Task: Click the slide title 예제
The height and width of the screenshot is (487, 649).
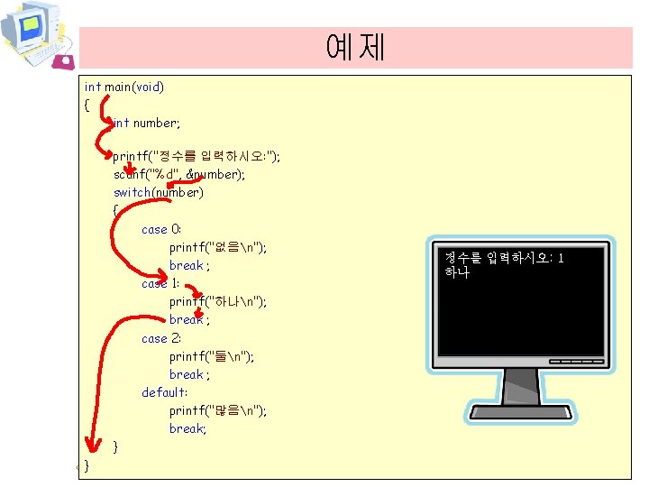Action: tap(356, 47)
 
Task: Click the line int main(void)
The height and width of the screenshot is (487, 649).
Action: tap(123, 87)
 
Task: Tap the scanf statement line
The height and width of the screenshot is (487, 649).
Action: tap(178, 174)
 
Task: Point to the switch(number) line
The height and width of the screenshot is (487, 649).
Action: tap(158, 192)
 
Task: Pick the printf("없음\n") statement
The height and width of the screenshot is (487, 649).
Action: tap(217, 247)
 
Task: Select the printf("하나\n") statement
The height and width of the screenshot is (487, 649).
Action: tap(217, 301)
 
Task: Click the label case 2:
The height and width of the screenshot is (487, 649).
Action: tap(161, 338)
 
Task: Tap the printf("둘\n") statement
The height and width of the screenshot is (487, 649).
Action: tap(211, 356)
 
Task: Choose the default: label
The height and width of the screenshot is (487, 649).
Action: tap(165, 392)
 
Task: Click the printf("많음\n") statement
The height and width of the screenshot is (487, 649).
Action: tap(217, 410)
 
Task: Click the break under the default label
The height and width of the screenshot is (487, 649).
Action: tap(187, 428)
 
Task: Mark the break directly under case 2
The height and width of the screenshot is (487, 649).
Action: tap(189, 374)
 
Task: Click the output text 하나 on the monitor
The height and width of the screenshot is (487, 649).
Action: tap(457, 271)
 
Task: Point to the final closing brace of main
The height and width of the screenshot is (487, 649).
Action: tap(87, 465)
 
